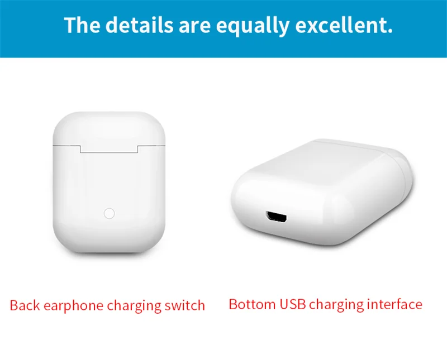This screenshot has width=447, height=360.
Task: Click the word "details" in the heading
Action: pyautogui.click(x=139, y=25)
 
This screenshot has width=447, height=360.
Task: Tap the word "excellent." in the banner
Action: pyautogui.click(x=344, y=25)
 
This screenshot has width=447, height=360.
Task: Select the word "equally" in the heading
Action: pyautogui.click(x=253, y=26)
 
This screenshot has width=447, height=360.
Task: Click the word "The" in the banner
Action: pyautogui.click(x=82, y=25)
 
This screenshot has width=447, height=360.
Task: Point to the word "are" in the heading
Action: pyautogui.click(x=194, y=26)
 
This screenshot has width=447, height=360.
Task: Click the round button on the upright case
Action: pyautogui.click(x=109, y=213)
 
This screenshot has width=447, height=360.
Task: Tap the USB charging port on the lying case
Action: pyautogui.click(x=276, y=217)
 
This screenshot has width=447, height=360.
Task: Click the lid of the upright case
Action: pyautogui.click(x=109, y=128)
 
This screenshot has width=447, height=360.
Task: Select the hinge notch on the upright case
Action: pyautogui.click(x=109, y=149)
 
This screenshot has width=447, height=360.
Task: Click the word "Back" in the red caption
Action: pyautogui.click(x=25, y=305)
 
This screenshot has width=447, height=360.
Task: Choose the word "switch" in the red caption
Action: pyautogui.click(x=185, y=305)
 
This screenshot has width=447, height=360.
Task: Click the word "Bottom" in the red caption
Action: pyautogui.click(x=252, y=304)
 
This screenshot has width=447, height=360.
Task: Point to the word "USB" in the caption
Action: pyautogui.click(x=292, y=304)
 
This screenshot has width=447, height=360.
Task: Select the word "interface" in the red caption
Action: pyautogui.click(x=394, y=304)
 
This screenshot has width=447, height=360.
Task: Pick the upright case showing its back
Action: pyautogui.click(x=109, y=183)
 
